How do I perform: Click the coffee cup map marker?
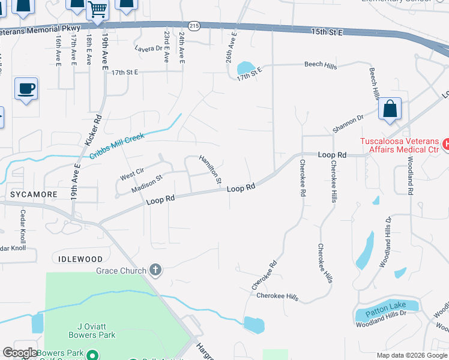point(26,89)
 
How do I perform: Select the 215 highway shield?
point(193,26)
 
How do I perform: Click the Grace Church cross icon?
point(155,270)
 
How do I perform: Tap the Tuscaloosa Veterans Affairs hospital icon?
point(446,144)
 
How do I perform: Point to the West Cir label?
point(132,174)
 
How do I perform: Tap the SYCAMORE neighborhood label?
point(34,195)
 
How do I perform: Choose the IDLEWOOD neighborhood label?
point(82,259)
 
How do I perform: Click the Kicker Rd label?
point(94,130)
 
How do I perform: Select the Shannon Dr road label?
point(349,124)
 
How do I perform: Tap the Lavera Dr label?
point(149,49)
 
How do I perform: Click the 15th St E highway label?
point(327,31)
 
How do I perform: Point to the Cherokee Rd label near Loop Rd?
point(303,179)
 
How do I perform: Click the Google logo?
point(20,353)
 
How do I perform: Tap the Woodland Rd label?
point(411,176)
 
